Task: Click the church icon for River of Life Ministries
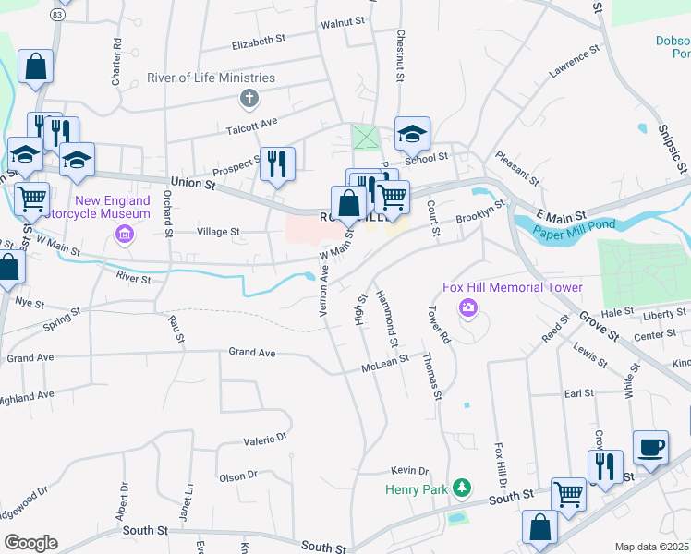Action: (249, 98)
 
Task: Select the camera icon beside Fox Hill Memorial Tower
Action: (469, 307)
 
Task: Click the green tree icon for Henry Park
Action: (467, 488)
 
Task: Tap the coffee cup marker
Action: (651, 447)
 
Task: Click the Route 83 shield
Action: (58, 15)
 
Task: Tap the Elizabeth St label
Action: (259, 42)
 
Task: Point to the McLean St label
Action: (384, 364)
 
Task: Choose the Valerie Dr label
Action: (266, 440)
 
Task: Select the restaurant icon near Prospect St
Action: (277, 163)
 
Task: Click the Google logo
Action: (30, 543)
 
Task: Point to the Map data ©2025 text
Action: (651, 547)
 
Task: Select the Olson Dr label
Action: (237, 476)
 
